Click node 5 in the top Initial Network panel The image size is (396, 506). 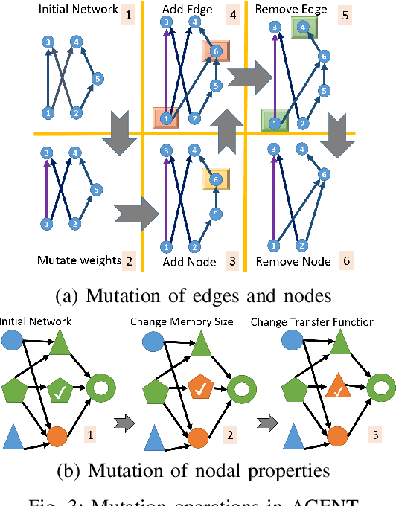tap(96, 77)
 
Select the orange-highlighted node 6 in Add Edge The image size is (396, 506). tap(216, 51)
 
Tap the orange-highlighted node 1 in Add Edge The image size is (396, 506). tap(165, 118)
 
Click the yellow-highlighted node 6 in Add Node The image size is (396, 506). tap(216, 179)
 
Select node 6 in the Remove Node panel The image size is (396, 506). tap(324, 173)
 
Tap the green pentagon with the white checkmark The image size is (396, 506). tap(60, 388)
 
